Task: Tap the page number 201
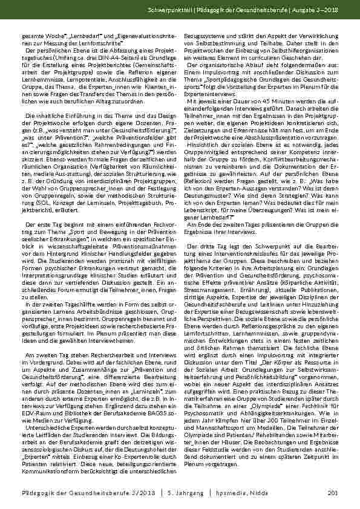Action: coord(332,494)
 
